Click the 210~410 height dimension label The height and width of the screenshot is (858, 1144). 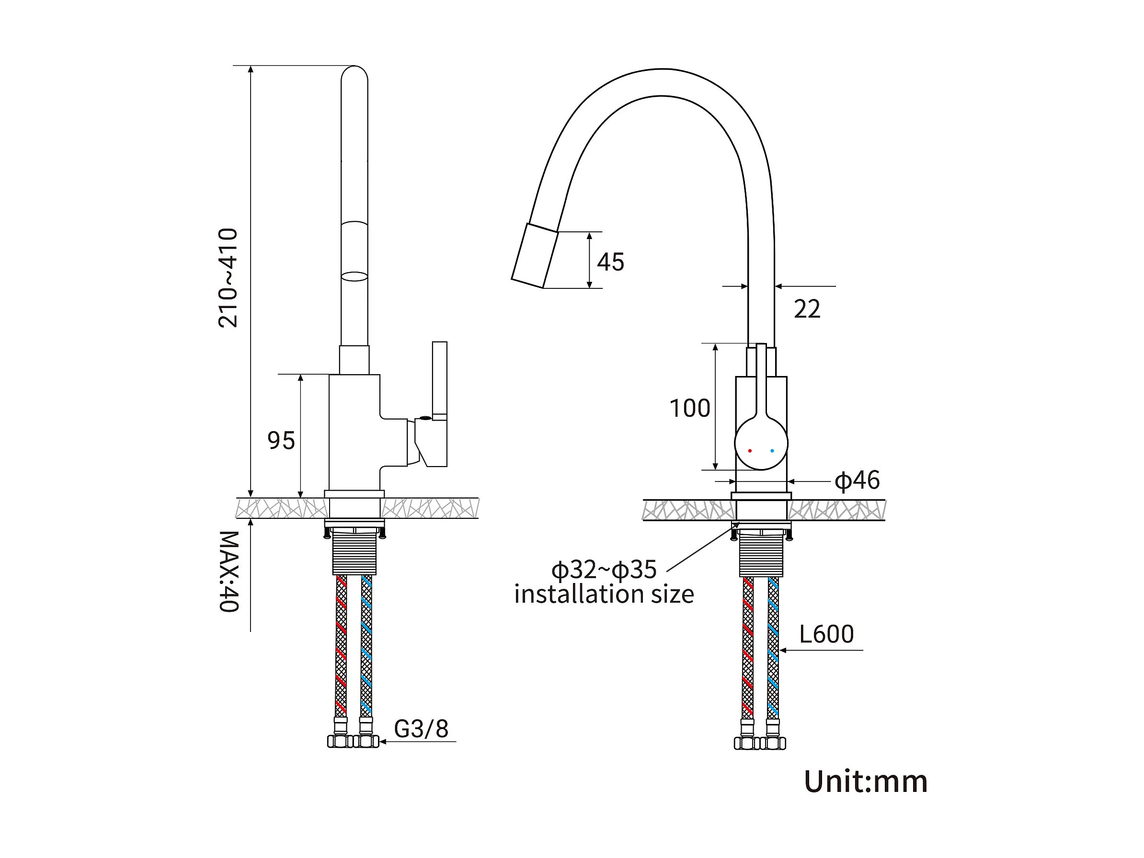[228, 278]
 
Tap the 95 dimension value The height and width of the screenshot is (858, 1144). [281, 441]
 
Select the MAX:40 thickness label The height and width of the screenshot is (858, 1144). [228, 572]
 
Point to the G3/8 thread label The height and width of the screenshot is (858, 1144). [421, 729]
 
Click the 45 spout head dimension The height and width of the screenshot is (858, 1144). [610, 262]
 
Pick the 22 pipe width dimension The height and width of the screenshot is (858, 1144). [807, 309]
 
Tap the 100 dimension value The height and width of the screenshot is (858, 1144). [690, 408]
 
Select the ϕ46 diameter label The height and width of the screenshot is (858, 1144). [857, 480]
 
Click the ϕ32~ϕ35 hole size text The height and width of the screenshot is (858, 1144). [604, 570]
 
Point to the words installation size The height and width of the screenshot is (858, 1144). [604, 594]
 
